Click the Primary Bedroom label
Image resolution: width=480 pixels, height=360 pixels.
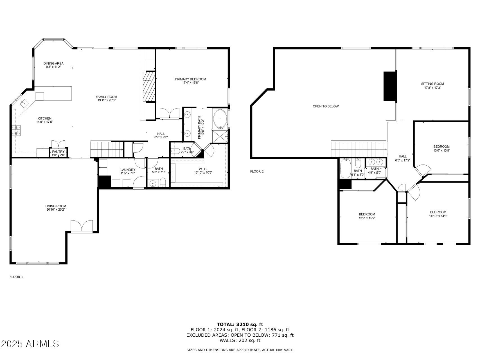tap(190, 79)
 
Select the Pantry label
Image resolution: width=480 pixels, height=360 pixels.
tap(58, 152)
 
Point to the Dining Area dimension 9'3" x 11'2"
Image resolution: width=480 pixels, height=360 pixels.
tap(53, 67)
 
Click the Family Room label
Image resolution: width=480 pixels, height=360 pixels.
tap(106, 97)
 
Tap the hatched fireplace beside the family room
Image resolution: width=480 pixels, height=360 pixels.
tap(149, 86)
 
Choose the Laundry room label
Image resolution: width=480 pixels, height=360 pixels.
tap(128, 170)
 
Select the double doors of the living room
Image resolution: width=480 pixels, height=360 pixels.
tap(82, 226)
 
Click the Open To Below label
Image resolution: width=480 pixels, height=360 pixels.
tap(326, 106)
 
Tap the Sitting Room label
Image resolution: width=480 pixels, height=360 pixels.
tap(432, 84)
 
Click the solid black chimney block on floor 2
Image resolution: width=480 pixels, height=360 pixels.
tap(390, 86)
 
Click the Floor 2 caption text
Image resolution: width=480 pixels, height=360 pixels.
tap(257, 171)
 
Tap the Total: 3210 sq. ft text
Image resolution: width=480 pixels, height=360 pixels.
tap(240, 324)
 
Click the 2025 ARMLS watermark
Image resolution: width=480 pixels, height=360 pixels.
tap(30, 344)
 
